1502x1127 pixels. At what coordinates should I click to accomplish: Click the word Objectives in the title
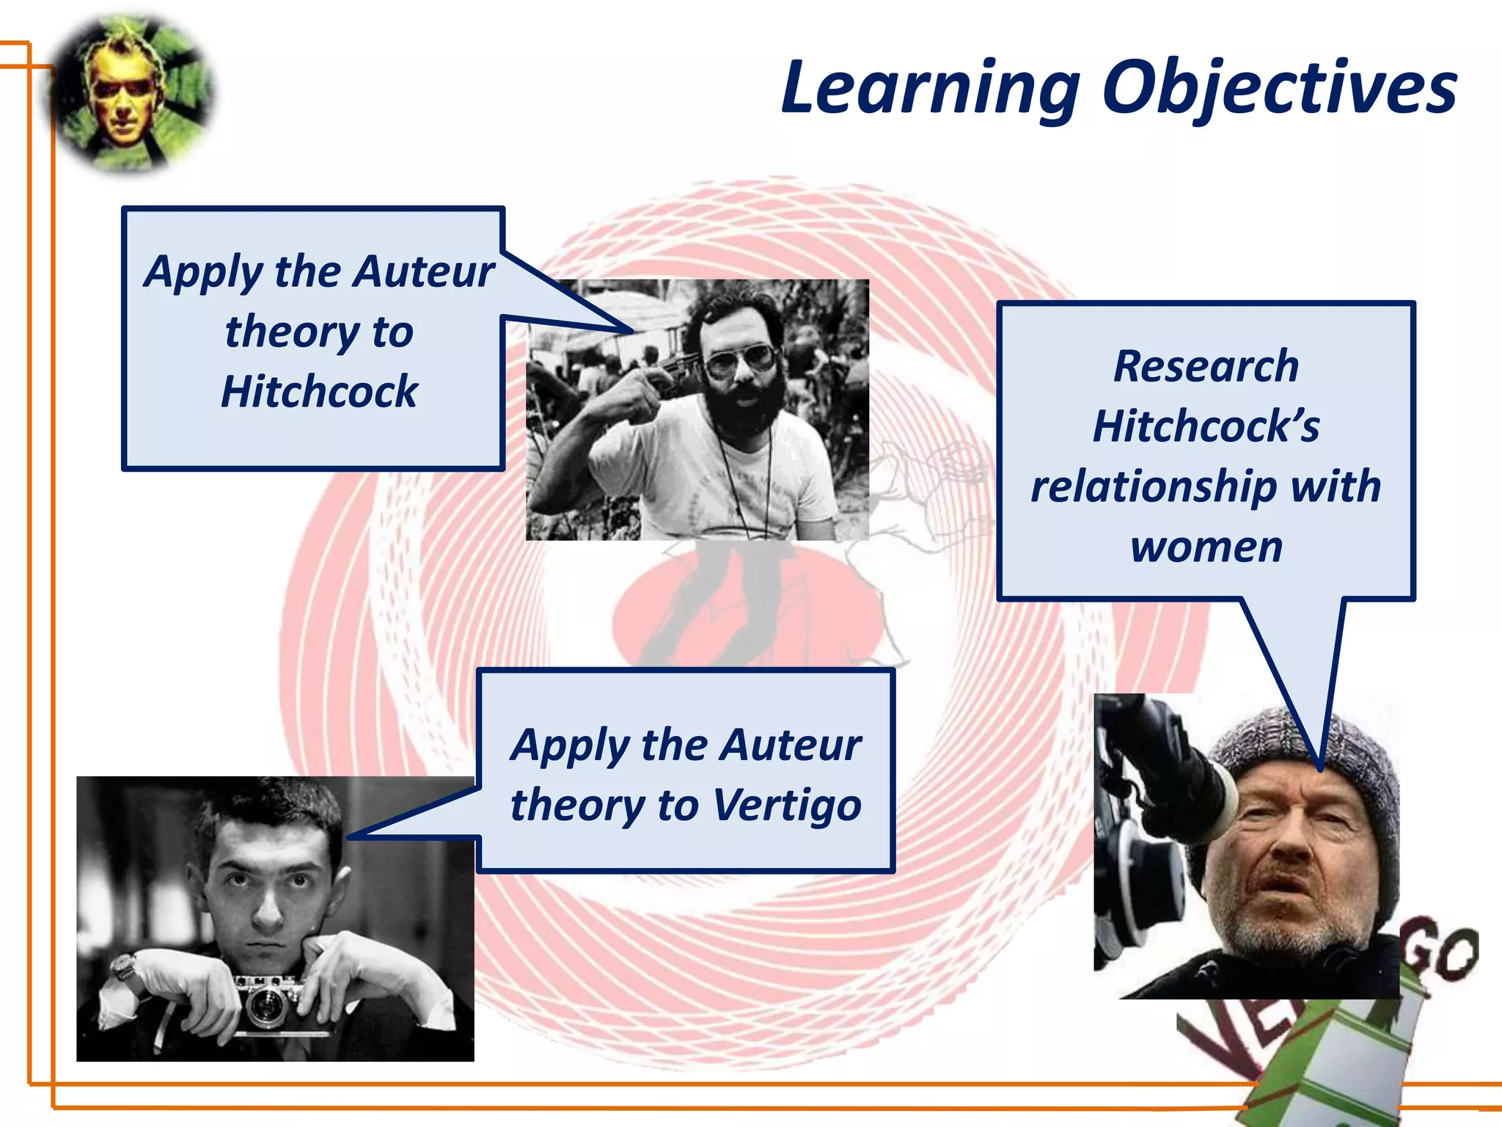click(x=1279, y=90)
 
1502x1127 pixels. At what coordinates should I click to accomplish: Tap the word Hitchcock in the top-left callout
click(x=319, y=391)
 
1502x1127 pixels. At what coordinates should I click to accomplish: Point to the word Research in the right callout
click(x=1206, y=366)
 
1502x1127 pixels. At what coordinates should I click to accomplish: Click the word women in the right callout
click(x=1206, y=547)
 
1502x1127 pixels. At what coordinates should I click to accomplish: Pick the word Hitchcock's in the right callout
click(x=1206, y=426)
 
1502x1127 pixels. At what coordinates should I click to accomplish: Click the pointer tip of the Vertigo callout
click(x=350, y=837)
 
